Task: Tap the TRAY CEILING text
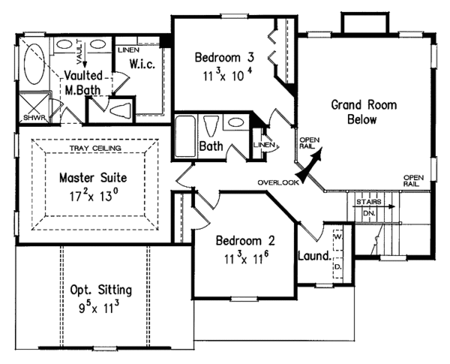coord(93,149)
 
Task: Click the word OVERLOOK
coord(277,182)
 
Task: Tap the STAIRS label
coord(367,202)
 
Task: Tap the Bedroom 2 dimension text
coord(244,258)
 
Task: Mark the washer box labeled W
coord(338,236)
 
